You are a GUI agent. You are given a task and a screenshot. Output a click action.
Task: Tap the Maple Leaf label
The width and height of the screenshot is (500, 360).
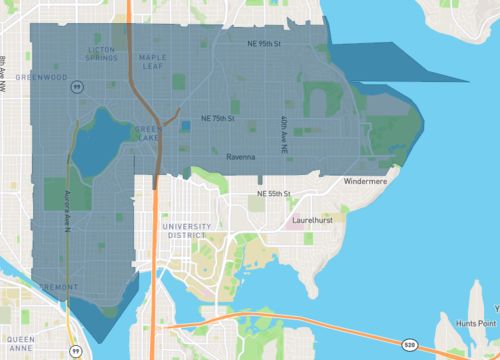point(153,63)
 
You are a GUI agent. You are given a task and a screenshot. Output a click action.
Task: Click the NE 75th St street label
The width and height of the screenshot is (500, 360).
point(217,118)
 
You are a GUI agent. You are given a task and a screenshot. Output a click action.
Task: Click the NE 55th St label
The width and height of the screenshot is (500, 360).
point(272,192)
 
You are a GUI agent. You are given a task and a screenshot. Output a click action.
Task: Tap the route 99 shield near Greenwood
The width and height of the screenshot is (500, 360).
point(75,87)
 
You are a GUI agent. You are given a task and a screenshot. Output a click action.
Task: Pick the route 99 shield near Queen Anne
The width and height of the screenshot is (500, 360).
point(74,351)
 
